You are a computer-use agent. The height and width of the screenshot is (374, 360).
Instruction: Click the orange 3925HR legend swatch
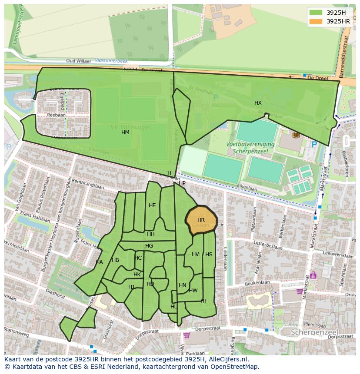pyautogui.click(x=316, y=21)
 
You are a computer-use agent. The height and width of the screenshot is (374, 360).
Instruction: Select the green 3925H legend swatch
pyautogui.click(x=316, y=13)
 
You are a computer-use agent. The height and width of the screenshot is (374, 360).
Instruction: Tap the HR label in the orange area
pyautogui.click(x=201, y=220)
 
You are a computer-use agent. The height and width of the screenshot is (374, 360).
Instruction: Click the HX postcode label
pyautogui.click(x=258, y=103)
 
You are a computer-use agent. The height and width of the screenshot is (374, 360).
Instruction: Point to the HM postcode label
pyautogui.click(x=125, y=132)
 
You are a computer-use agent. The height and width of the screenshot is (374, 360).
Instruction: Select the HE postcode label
pyautogui.click(x=152, y=205)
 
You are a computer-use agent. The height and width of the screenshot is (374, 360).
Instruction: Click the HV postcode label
pyautogui.click(x=195, y=254)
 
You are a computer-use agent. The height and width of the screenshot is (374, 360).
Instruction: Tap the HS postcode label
pyautogui.click(x=209, y=255)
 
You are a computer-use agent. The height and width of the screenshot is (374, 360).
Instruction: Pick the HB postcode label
pyautogui.click(x=115, y=260)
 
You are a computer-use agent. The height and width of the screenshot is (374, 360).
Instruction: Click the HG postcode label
pyautogui.click(x=149, y=246)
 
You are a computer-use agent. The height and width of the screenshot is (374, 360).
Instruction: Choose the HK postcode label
pyautogui.click(x=137, y=275)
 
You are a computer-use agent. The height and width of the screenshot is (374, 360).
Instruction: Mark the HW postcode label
pyautogui.click(x=193, y=291)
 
